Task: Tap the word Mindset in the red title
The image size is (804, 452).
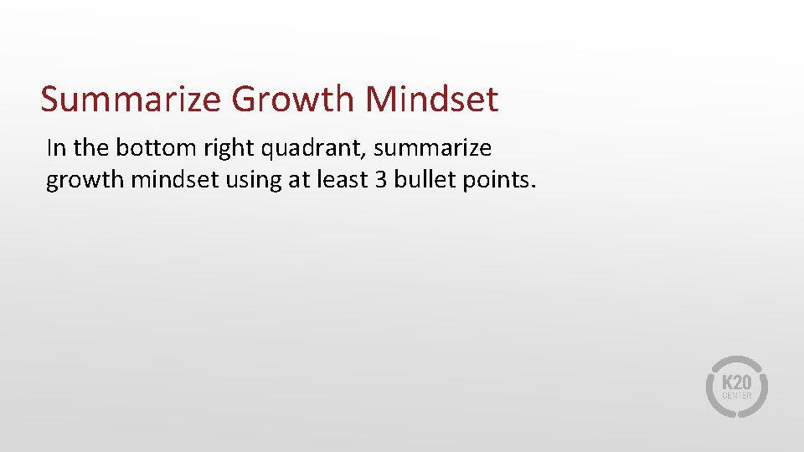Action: (431, 100)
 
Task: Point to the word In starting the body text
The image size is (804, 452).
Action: (56, 148)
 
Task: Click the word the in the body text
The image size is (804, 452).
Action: (90, 148)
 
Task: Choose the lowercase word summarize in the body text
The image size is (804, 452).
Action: (433, 149)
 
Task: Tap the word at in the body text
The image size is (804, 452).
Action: (298, 179)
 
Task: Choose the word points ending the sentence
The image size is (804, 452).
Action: (497, 181)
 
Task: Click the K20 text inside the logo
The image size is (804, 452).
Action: (737, 381)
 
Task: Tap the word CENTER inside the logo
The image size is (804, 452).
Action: (737, 395)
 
